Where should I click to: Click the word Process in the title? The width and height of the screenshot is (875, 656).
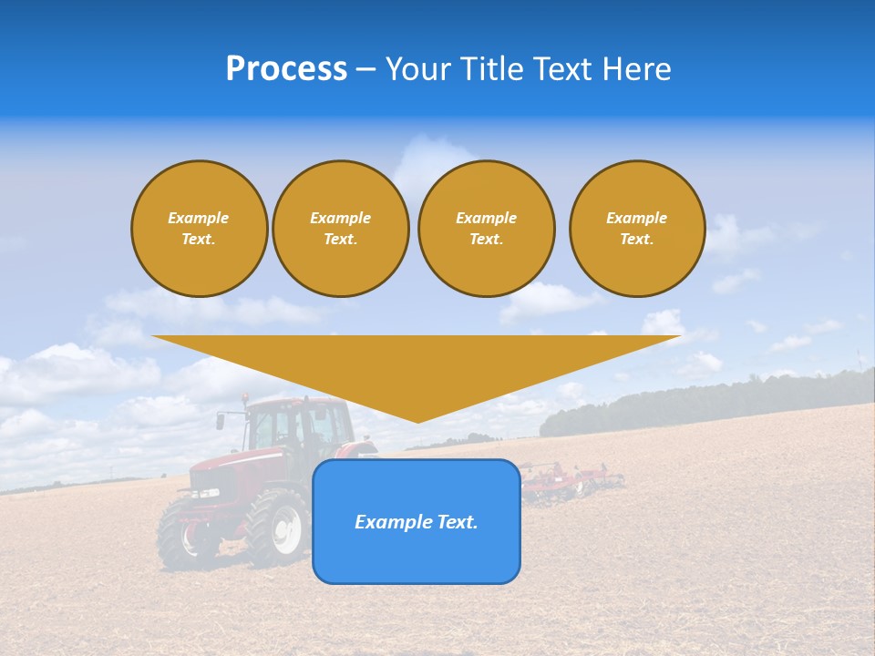pyautogui.click(x=286, y=69)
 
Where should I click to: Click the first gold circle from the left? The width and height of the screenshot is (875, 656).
pyautogui.click(x=200, y=229)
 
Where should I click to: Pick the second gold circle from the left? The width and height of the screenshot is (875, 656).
pyautogui.click(x=341, y=229)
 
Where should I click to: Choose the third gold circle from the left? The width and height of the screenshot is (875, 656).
pyautogui.click(x=487, y=229)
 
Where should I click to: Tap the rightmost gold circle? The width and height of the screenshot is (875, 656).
pyautogui.click(x=637, y=229)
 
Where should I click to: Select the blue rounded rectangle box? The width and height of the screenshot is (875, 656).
pyautogui.click(x=417, y=556)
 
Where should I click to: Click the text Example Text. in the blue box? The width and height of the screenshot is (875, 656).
pyautogui.click(x=417, y=522)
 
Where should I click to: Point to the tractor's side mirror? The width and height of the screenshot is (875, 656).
pyautogui.click(x=221, y=421)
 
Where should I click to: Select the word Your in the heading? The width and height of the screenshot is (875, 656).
pyautogui.click(x=417, y=69)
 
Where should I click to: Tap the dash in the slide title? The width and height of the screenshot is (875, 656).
pyautogui.click(x=365, y=69)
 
